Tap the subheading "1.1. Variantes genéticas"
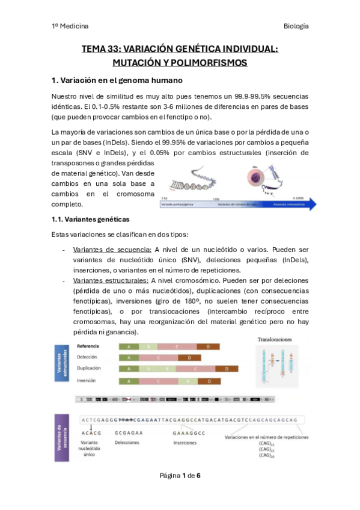[x=90, y=219]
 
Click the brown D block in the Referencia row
[x=208, y=346]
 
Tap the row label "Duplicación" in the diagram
[x=88, y=367]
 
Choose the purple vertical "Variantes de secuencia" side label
[x=61, y=437]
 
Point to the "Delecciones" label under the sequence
[x=128, y=442]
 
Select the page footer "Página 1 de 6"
[x=180, y=476]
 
